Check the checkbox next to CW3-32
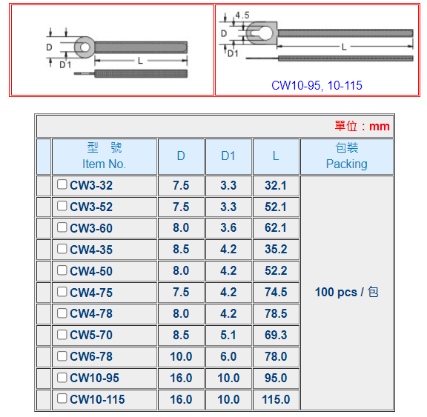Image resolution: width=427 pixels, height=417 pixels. [62, 184]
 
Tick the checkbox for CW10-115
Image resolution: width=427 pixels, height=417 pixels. [62, 398]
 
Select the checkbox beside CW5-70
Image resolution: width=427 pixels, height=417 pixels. [62, 334]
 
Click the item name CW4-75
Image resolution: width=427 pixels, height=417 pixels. [91, 293]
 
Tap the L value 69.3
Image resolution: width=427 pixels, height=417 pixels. [276, 335]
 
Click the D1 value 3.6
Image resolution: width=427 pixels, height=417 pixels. [228, 227]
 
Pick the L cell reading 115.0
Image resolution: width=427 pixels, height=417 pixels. [276, 399]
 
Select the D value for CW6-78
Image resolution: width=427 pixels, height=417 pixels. [181, 356]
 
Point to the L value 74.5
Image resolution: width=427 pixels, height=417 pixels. [276, 292]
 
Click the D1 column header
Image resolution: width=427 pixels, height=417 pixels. [228, 156]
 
